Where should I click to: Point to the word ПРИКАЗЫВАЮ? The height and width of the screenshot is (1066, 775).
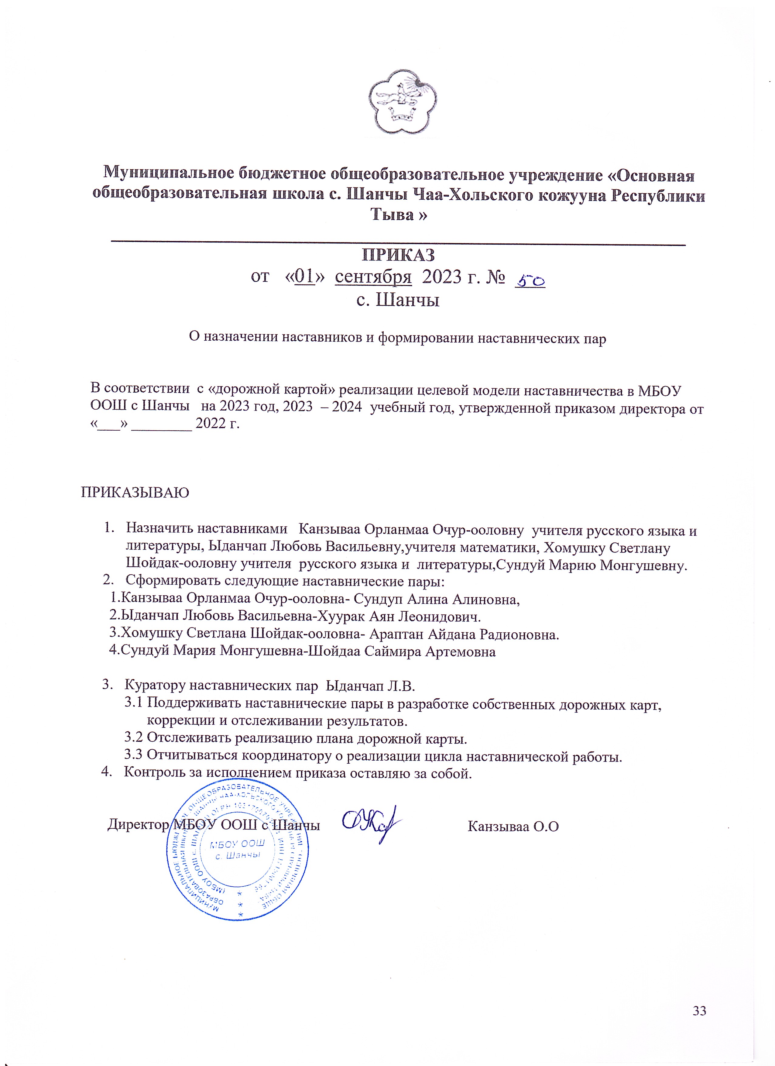click(x=135, y=493)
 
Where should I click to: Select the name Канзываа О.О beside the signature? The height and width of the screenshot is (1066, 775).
click(x=513, y=826)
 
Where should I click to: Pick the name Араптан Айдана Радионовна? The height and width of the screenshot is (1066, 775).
click(x=464, y=634)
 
